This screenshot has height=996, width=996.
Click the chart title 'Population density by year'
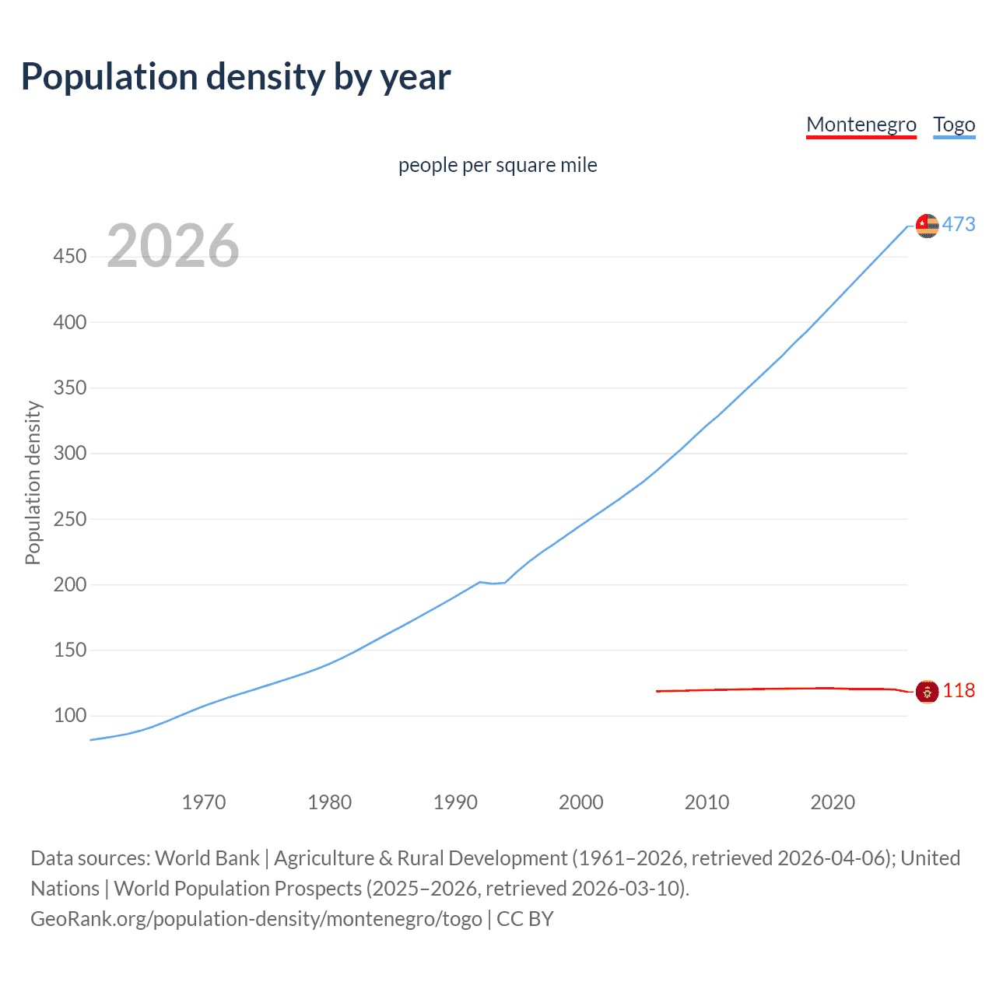[x=236, y=77]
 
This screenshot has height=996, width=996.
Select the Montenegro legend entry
[x=861, y=124]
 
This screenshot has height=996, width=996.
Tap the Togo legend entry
[x=954, y=124]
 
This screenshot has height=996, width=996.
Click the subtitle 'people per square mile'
[x=497, y=165]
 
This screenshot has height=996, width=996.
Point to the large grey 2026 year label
[x=173, y=246]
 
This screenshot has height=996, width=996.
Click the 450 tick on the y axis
[x=69, y=256]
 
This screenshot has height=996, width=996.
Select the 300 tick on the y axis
[x=69, y=453]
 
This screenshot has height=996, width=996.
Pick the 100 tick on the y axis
[x=69, y=715]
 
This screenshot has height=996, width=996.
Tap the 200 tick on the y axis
[x=69, y=584]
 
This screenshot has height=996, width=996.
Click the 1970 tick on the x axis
[x=204, y=802]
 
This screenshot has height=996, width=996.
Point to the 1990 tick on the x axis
[x=455, y=802]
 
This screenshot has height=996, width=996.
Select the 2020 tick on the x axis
[x=833, y=802]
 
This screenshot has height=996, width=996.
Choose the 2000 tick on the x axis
[x=581, y=802]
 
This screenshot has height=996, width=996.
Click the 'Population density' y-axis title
[x=33, y=482]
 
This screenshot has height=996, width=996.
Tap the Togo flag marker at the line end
[x=927, y=226]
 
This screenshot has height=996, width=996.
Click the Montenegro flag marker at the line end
[x=927, y=691]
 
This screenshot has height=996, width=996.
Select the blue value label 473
[x=959, y=225]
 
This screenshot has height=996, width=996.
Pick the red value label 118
[x=959, y=691]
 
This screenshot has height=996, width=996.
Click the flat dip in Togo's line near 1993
[x=493, y=583]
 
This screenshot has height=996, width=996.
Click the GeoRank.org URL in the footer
[x=256, y=919]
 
